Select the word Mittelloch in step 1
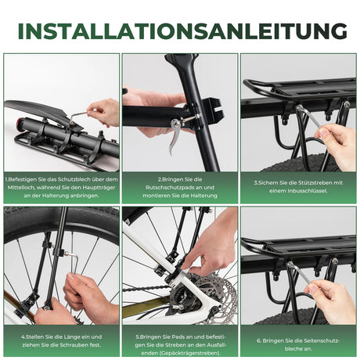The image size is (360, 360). tap(24, 187)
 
